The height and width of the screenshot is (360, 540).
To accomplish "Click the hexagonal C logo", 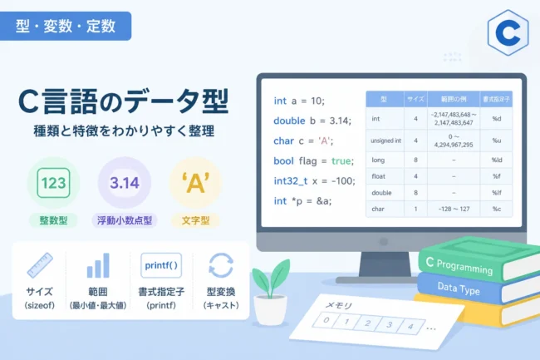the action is [508, 32].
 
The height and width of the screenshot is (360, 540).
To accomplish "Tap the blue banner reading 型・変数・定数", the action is [66, 26].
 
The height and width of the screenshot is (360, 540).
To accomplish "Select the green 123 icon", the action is [53, 183].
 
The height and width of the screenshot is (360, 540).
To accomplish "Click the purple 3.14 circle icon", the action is [125, 183].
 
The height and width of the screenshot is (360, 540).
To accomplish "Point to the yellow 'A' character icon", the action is [195, 183].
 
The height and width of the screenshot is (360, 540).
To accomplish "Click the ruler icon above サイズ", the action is [40, 265].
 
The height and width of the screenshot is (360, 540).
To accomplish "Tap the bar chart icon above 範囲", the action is [98, 265].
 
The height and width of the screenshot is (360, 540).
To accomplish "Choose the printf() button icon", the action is [161, 265].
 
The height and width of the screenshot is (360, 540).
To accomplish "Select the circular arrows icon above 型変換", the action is [221, 265].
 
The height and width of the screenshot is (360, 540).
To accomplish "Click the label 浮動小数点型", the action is [125, 220].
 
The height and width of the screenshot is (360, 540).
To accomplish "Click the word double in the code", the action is [289, 121].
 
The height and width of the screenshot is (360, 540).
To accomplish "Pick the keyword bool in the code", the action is [284, 161].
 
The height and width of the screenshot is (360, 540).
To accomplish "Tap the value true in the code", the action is [341, 161].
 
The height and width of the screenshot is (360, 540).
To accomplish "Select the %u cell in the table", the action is [496, 141].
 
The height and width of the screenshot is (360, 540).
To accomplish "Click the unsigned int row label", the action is [385, 141].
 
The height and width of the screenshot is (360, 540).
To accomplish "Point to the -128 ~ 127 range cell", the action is [454, 210].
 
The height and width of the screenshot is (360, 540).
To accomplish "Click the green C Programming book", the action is [479, 259].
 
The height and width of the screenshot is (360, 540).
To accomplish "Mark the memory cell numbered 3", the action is [389, 324].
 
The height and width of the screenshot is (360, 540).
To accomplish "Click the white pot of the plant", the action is [271, 310].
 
